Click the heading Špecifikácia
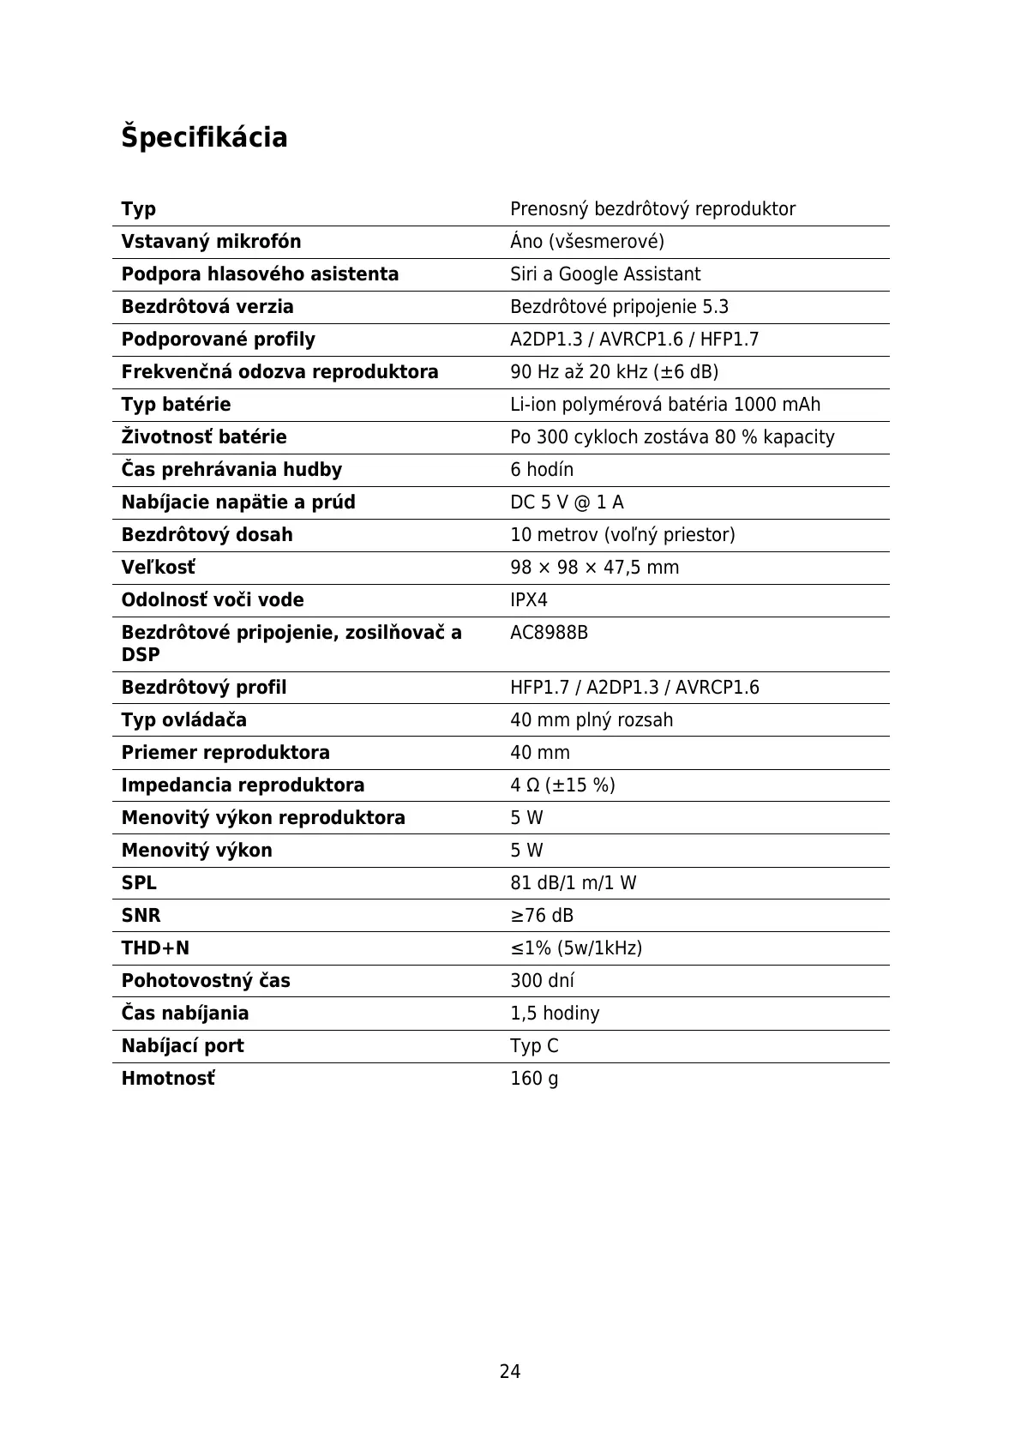(x=204, y=137)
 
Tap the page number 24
(x=510, y=1371)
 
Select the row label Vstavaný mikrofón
(x=211, y=242)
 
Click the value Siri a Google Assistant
(x=605, y=274)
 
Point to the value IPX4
(x=529, y=600)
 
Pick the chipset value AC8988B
(x=549, y=633)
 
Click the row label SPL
(x=139, y=883)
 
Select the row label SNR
(x=141, y=916)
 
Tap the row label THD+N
(x=155, y=948)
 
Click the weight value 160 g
(x=534, y=1079)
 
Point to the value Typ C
(x=534, y=1046)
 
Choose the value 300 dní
(x=542, y=981)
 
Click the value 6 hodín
(x=542, y=470)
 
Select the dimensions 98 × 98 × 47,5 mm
(x=594, y=568)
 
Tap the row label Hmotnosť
(x=168, y=1079)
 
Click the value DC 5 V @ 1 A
(x=567, y=502)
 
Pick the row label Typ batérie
(x=176, y=405)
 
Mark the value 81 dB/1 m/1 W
(x=573, y=883)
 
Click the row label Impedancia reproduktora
(x=243, y=785)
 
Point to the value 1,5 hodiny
(x=555, y=1014)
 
